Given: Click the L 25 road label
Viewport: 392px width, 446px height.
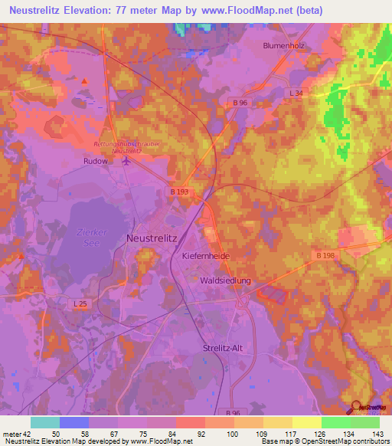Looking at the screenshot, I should click(x=80, y=304).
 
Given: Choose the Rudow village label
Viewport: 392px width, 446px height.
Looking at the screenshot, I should click(x=96, y=162).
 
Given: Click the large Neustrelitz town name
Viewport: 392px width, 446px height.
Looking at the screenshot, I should click(x=151, y=238).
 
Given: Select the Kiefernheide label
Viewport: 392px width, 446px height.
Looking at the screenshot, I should click(x=206, y=255).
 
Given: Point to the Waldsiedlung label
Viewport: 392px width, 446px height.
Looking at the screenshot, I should click(x=225, y=281).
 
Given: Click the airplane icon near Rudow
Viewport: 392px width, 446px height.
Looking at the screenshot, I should click(x=126, y=162).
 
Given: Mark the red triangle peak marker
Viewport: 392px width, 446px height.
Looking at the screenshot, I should click(x=84, y=80).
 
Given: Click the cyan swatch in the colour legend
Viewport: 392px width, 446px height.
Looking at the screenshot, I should click(x=45, y=422).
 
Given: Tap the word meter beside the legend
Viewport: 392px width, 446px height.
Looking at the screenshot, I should click(x=12, y=433).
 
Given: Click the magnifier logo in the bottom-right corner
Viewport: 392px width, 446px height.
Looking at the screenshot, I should click(x=357, y=407).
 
